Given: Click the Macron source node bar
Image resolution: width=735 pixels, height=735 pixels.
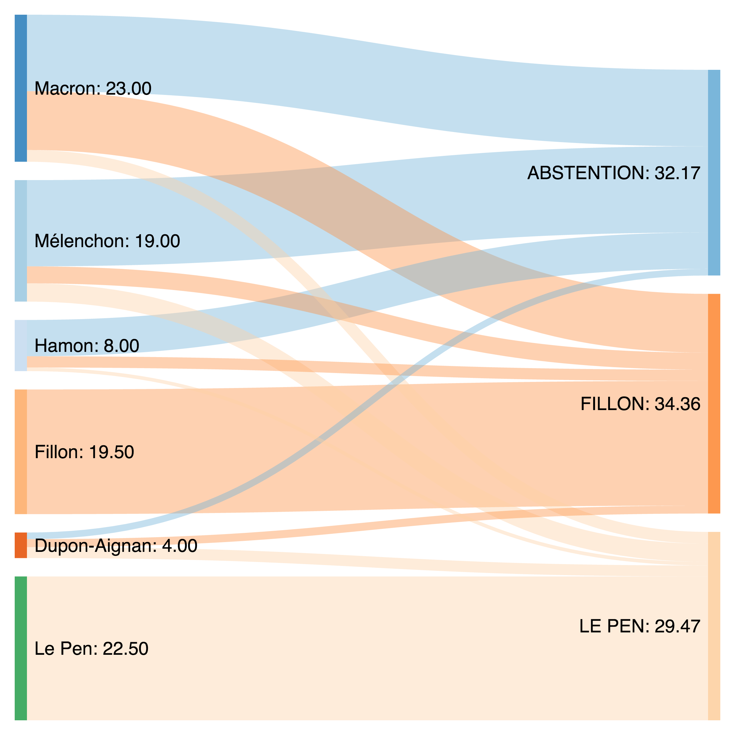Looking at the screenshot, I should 21,88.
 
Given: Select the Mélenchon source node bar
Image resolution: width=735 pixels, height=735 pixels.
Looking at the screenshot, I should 21,241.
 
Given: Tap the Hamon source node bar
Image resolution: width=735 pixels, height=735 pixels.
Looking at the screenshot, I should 21,345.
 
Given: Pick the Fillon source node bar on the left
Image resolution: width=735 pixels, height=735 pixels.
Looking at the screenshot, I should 21,452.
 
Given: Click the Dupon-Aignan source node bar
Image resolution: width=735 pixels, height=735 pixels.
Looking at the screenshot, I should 21,545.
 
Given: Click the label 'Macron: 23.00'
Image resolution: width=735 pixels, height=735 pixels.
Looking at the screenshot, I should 93,89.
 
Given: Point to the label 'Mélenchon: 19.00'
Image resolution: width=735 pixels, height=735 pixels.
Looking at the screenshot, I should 107,241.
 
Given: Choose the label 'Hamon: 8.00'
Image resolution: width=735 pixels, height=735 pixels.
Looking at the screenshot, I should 87,346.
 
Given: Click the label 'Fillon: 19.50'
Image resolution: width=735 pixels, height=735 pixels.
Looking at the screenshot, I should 84,452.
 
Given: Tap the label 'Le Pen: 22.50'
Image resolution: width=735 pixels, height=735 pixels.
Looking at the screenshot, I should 91,649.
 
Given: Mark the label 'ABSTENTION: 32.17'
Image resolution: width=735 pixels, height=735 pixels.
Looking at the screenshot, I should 614,173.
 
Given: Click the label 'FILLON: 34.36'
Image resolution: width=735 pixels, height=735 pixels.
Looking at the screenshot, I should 640,404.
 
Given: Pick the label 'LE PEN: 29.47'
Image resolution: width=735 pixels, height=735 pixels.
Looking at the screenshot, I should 639,627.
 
